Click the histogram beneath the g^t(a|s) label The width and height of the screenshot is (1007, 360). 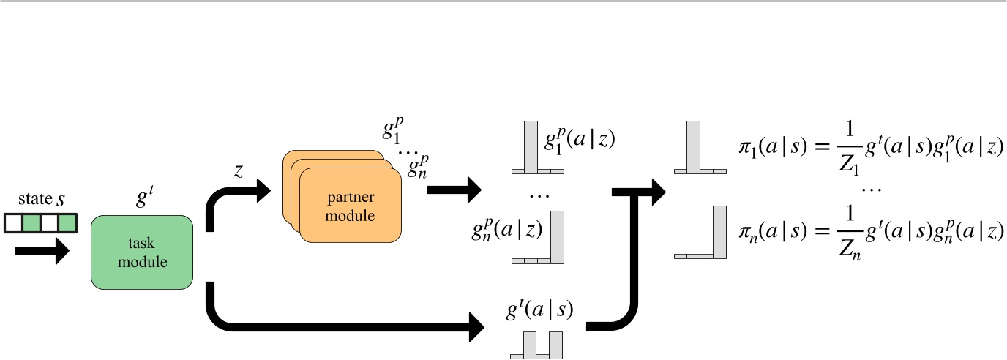(x=537, y=344)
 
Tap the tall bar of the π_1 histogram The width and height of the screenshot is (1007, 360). (x=692, y=145)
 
